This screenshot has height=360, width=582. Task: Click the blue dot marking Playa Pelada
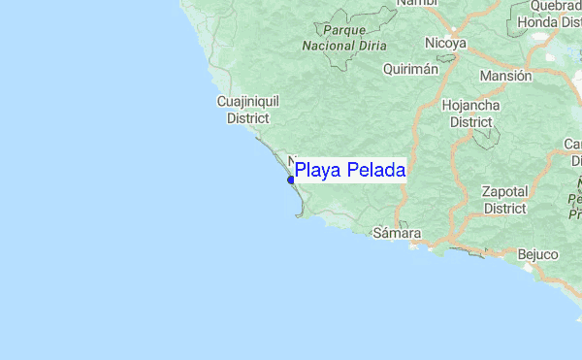click(291, 180)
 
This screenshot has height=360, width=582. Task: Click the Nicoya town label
click(445, 44)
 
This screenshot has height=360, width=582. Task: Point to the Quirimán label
click(410, 69)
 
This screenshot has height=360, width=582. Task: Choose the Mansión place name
click(505, 76)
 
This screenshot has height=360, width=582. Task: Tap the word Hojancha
click(470, 105)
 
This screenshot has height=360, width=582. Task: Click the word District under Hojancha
click(470, 122)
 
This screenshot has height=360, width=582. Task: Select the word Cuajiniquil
click(246, 101)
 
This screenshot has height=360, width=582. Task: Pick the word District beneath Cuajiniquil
click(246, 117)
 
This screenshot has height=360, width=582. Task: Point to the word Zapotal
click(505, 191)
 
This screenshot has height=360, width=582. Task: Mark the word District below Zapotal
click(505, 208)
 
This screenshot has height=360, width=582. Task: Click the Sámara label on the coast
click(398, 234)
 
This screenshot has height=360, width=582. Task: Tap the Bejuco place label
click(537, 254)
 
